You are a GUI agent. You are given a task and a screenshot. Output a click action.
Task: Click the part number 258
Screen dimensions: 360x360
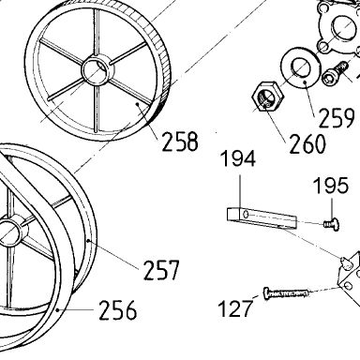[x=180, y=142]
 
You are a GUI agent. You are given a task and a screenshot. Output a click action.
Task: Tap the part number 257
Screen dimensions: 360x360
[x=161, y=270]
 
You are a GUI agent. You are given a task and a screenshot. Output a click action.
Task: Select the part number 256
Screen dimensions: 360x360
[x=118, y=310]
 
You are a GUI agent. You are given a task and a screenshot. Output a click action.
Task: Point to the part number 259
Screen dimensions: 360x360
[x=337, y=117]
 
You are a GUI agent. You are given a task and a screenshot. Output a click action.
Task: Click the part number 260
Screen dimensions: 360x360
[x=307, y=143]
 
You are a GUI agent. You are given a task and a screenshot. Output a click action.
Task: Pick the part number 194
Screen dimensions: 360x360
[x=238, y=158]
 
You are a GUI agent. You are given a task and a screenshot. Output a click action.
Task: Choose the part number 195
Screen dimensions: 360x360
[x=331, y=185]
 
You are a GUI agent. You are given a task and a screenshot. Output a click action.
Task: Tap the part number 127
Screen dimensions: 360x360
[x=235, y=308]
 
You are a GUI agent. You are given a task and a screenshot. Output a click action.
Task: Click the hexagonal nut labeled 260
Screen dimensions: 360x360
[x=268, y=97]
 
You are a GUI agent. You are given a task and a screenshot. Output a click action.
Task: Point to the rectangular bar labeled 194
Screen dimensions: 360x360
[x=261, y=217]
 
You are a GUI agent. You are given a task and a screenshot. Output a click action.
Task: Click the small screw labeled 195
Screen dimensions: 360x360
[x=332, y=224]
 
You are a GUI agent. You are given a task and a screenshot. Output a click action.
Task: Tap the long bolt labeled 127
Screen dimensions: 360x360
[x=286, y=293]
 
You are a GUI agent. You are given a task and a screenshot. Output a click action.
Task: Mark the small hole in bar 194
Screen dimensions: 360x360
[x=247, y=215]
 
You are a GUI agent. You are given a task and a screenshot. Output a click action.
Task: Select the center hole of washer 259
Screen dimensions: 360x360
[x=301, y=67]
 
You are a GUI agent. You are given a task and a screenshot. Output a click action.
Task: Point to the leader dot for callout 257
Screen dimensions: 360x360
[x=89, y=241]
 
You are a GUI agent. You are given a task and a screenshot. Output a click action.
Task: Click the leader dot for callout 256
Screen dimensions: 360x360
[x=57, y=309]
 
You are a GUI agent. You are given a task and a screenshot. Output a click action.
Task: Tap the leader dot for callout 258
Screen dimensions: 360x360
[x=137, y=103]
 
